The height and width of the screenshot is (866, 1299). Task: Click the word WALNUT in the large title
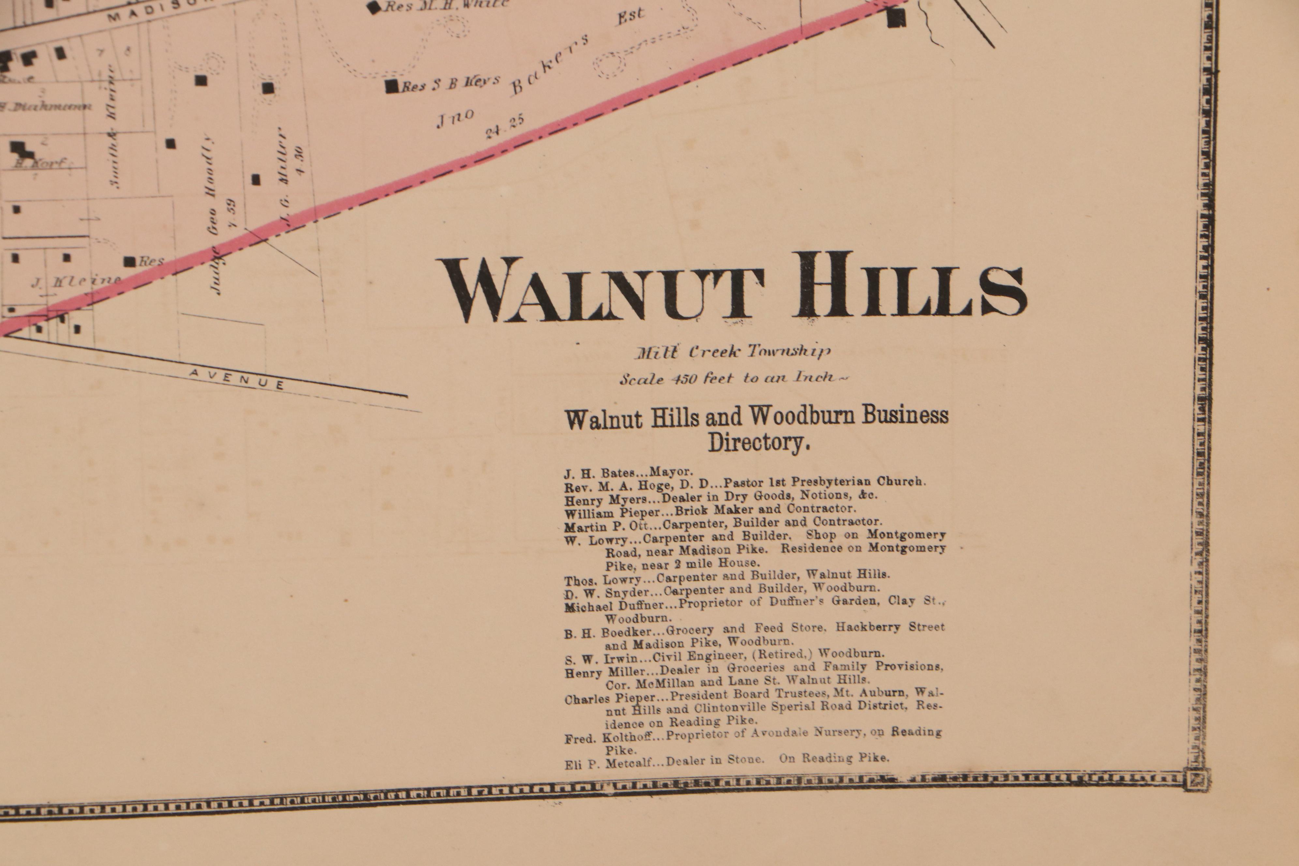[602, 290]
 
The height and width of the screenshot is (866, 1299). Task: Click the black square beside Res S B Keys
[392, 86]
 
